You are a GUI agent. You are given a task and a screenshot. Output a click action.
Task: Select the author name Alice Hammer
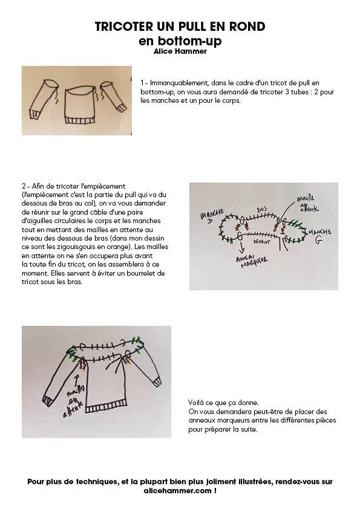pyautogui.click(x=180, y=51)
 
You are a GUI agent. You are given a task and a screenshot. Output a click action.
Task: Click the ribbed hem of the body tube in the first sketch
pyautogui.click(x=80, y=120)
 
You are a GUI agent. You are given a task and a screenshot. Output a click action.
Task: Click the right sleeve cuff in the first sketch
pyautogui.click(x=121, y=108)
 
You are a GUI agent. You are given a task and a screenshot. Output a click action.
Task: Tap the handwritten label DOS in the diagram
pyautogui.click(x=262, y=210)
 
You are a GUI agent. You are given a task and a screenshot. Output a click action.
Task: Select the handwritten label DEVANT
pyautogui.click(x=262, y=242)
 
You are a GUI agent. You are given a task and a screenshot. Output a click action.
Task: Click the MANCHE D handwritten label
pyautogui.click(x=212, y=216)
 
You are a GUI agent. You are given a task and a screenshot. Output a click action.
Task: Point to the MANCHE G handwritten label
pyautogui.click(x=319, y=235)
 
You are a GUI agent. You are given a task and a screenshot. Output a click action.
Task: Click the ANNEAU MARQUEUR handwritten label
pyautogui.click(x=252, y=261)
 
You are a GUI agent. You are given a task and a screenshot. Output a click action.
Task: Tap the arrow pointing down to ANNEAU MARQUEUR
pyautogui.click(x=242, y=249)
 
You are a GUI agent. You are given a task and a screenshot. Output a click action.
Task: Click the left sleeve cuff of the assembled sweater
pyautogui.click(x=49, y=401)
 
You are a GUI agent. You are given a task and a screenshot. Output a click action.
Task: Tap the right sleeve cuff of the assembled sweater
pyautogui.click(x=157, y=381)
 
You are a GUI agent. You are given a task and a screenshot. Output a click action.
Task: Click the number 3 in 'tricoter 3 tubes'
pyautogui.click(x=287, y=92)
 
